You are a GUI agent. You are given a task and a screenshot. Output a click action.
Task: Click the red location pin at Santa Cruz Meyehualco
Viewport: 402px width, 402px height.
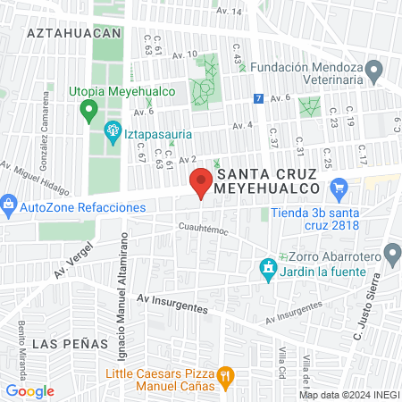tap(200, 183)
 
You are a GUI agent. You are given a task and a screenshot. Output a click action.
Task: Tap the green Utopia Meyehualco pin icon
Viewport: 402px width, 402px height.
tap(88, 111)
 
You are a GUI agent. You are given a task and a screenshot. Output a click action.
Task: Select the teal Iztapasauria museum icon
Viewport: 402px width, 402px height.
tap(113, 133)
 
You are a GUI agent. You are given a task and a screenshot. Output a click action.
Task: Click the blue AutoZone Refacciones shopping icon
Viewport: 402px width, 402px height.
tap(9, 206)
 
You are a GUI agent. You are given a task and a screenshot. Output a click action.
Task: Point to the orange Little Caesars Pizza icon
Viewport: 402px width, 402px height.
tap(225, 380)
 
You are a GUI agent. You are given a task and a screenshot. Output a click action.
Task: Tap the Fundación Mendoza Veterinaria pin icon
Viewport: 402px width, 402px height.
tap(376, 70)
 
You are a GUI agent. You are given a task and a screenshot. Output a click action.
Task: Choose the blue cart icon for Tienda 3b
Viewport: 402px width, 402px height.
tap(338, 188)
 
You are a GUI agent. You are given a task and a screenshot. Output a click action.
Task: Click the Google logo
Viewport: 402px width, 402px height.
tap(29, 390)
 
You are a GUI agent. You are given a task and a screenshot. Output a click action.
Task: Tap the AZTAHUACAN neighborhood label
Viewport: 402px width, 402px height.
tap(73, 32)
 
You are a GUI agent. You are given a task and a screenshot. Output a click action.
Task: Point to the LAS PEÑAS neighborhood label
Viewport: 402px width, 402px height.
tap(61, 343)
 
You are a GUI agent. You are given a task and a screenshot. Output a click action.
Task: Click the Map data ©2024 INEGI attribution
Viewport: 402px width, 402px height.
tap(348, 395)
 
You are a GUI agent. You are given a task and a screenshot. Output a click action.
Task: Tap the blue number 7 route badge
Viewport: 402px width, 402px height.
tap(258, 97)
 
